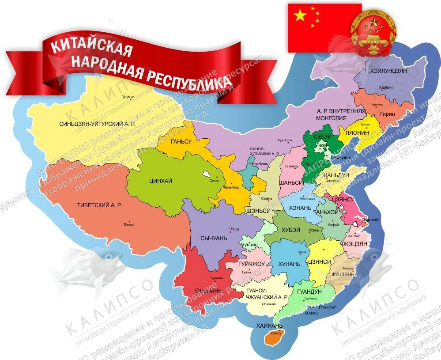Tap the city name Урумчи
[128, 97]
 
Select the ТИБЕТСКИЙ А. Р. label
[99, 205]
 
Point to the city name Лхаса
[129, 225]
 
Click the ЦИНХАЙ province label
[161, 180]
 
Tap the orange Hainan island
[274, 339]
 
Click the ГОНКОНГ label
[327, 307]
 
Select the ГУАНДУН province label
[309, 292]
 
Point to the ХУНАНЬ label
[289, 264]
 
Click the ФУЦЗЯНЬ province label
[342, 273]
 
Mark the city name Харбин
[385, 87]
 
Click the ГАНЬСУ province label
[181, 141]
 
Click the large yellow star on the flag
[300, 16]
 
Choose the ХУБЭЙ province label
[290, 230]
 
